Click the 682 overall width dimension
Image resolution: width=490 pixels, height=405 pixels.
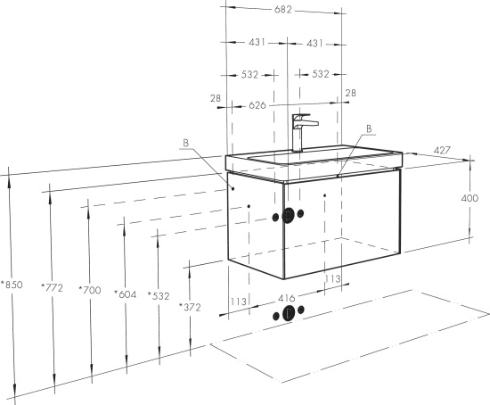[x=282, y=10]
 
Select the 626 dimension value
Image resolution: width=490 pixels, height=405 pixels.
[x=257, y=105]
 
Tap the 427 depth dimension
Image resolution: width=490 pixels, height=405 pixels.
[x=442, y=151]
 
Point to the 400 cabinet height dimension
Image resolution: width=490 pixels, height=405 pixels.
[x=470, y=198]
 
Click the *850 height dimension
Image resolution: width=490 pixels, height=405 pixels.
[x=12, y=285]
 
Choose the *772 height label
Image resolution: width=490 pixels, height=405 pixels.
[x=52, y=287]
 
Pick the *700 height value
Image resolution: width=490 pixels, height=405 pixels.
[x=90, y=290]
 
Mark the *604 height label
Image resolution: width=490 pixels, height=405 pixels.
[x=125, y=294]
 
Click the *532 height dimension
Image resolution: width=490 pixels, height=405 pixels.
[x=159, y=296]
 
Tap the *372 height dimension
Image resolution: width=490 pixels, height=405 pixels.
[x=190, y=308]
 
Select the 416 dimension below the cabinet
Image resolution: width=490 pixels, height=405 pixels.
[x=286, y=298]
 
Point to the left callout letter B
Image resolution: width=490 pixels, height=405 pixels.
[x=186, y=143]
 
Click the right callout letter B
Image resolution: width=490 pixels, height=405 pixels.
[x=369, y=128]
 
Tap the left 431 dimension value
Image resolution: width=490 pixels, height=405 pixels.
[x=257, y=42]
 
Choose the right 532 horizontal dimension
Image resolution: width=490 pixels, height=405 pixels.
[x=321, y=74]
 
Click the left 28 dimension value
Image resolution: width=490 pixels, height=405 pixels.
[x=216, y=98]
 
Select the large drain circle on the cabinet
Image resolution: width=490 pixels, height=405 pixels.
[x=288, y=216]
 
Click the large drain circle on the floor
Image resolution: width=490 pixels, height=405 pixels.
[x=288, y=313]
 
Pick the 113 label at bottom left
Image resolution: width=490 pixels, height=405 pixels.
[x=239, y=302]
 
